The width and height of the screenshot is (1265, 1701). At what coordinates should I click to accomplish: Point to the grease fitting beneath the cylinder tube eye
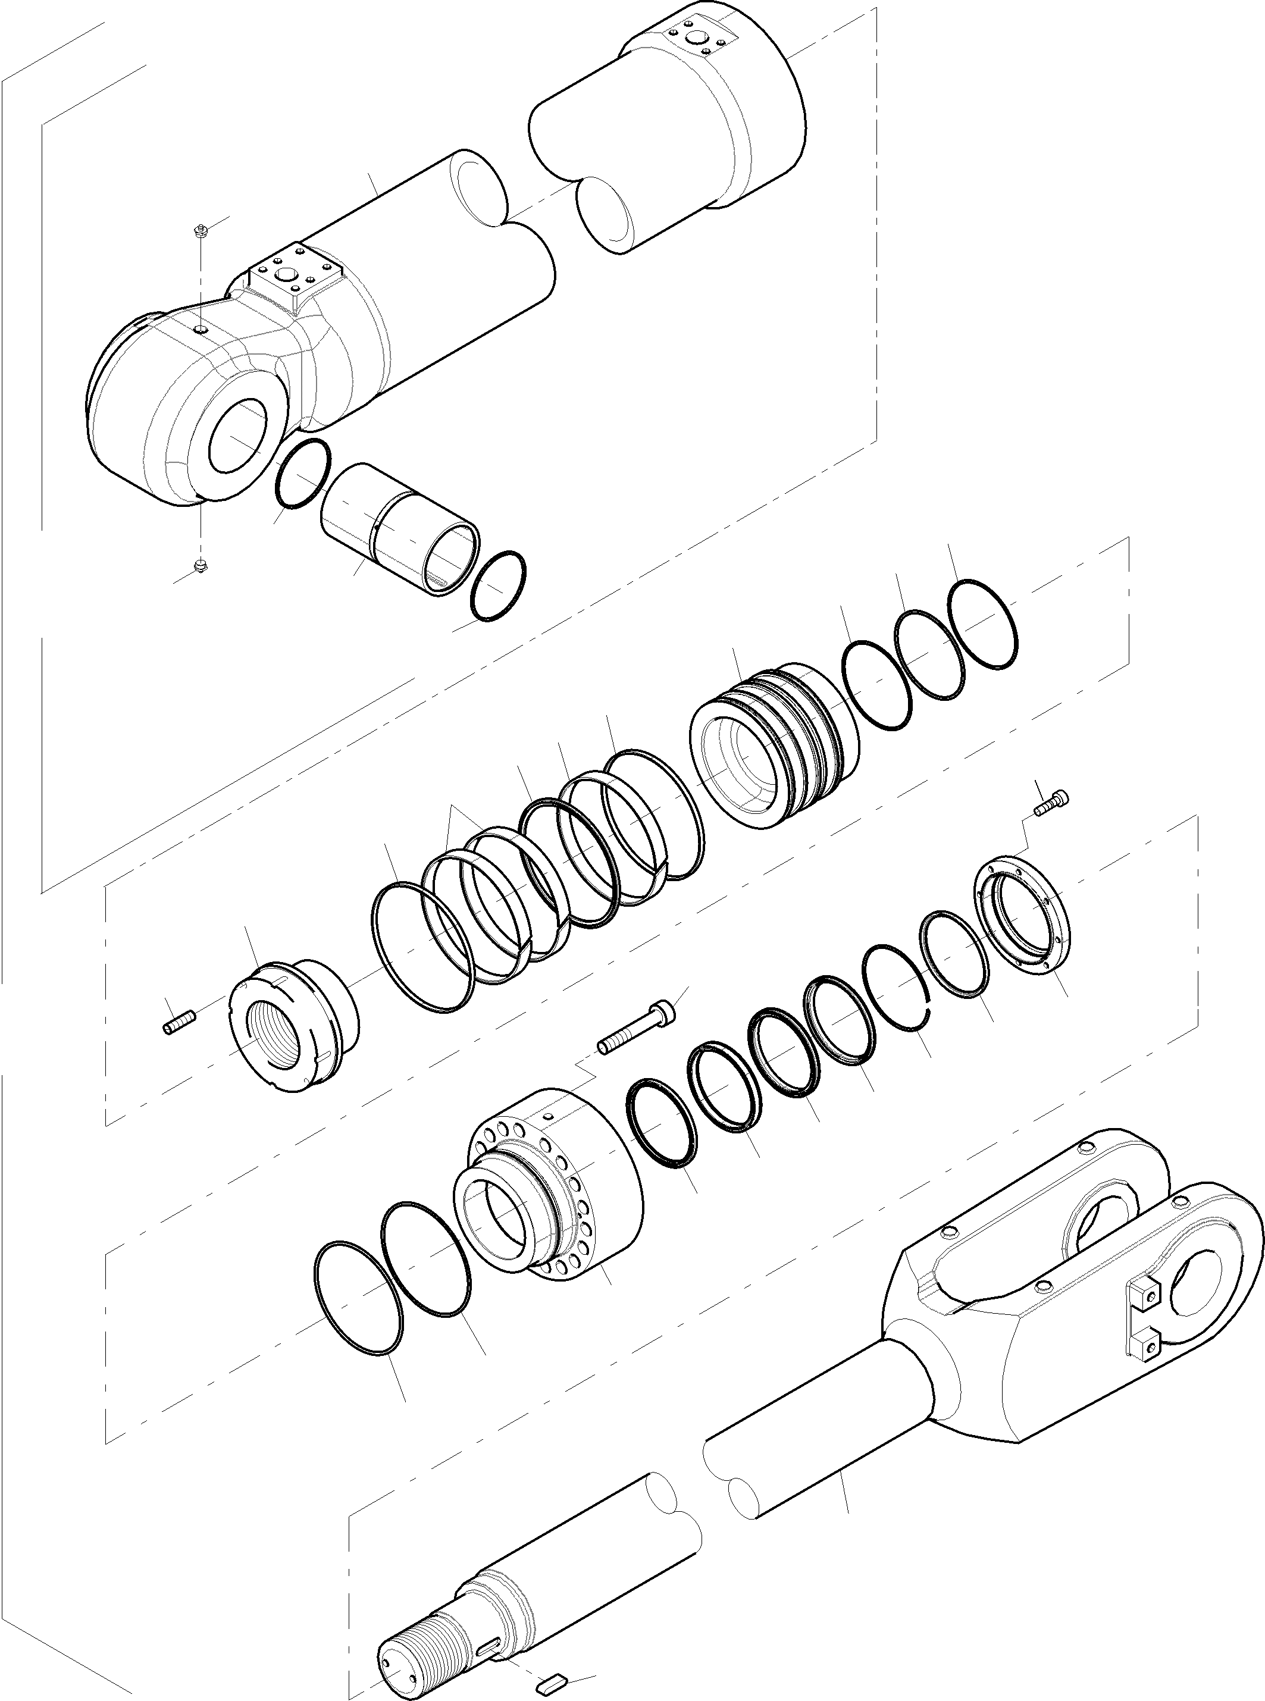(x=201, y=566)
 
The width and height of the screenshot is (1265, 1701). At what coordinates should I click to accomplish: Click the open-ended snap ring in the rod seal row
(x=896, y=988)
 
